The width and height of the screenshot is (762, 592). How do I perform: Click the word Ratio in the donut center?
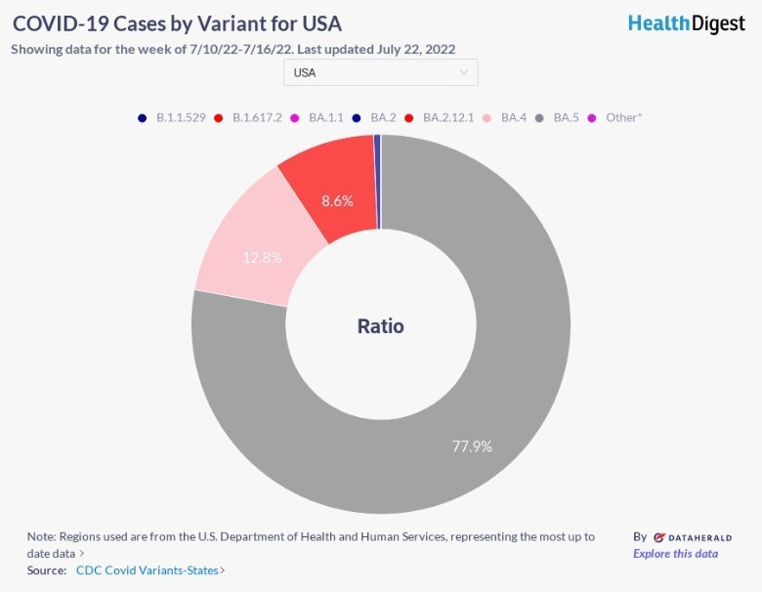380,326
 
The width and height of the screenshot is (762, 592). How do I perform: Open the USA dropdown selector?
380,72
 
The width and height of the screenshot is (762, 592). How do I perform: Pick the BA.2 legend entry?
382,117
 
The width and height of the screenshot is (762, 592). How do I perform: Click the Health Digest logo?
686,23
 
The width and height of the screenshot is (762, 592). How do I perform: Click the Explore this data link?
675,554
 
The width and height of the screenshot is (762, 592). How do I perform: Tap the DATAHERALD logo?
692,537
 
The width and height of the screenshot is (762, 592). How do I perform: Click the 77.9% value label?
472,446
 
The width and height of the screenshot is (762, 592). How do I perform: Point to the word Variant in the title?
213,23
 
